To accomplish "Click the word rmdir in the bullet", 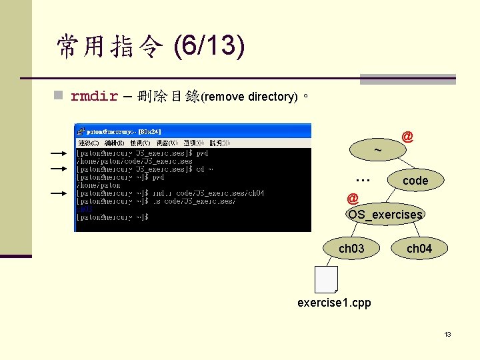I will [x=94, y=96].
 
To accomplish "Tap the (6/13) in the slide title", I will [x=209, y=47].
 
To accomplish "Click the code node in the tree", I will [x=415, y=181].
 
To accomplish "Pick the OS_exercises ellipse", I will [x=385, y=214].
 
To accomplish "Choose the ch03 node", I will [x=351, y=249].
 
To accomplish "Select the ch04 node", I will [x=419, y=249].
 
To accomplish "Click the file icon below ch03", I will [x=326, y=279].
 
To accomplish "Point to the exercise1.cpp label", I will [x=334, y=303].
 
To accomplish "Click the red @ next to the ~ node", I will [x=407, y=137].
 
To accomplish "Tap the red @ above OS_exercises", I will [x=353, y=198].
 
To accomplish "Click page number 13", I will [x=448, y=334].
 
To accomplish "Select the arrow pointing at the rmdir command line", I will [x=59, y=193].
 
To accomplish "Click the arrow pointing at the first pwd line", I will [x=59, y=153].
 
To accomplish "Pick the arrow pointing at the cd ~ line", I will [x=59, y=169].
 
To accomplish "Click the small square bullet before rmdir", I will [x=59, y=97].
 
